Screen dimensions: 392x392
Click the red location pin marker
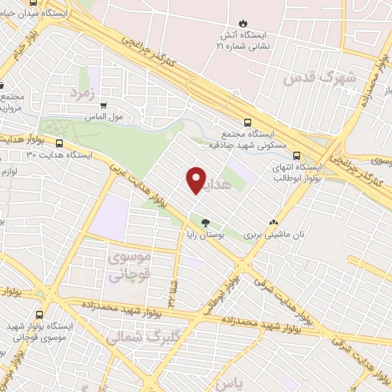coord(196,181)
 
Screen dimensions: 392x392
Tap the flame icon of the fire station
coord(243,23)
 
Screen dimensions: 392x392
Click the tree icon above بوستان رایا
coord(204,223)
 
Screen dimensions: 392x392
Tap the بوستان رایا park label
coord(204,235)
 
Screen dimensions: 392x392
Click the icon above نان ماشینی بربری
coord(273,222)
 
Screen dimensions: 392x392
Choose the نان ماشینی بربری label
coord(273,234)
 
